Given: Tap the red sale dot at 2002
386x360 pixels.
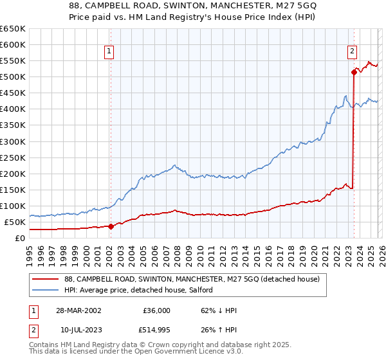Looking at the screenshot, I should pos(111,226).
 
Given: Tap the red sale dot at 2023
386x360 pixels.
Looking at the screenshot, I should pos(354,73).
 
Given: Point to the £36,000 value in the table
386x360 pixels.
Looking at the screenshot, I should pos(156,310).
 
